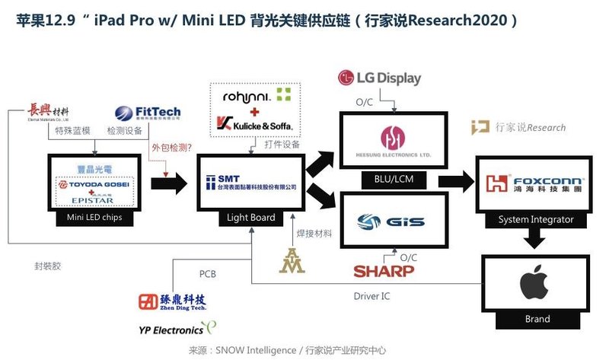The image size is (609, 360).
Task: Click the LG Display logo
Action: tap(378, 78)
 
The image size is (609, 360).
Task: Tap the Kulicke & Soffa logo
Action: tap(253, 123)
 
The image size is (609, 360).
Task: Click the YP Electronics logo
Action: tap(171, 330)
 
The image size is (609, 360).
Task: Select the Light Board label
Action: tap(251, 218)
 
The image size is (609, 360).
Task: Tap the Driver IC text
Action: tap(372, 295)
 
